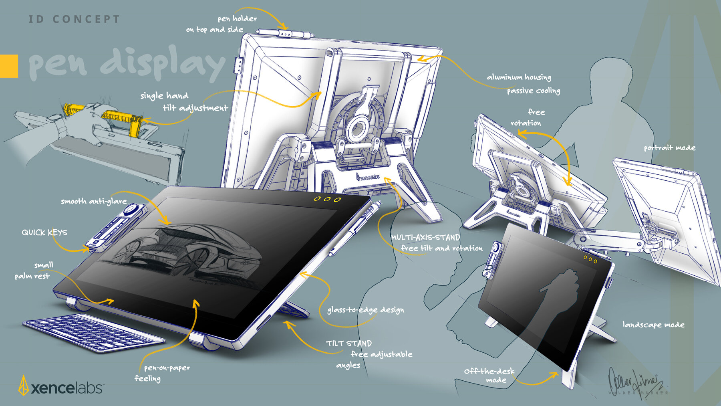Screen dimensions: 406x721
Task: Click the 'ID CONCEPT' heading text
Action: [x=74, y=19]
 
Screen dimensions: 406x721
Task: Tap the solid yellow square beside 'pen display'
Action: [x=9, y=66]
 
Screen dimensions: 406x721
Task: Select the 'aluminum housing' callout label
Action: [x=519, y=77]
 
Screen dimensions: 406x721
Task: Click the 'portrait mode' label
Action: [x=669, y=148]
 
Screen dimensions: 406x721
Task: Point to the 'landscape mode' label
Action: [x=653, y=325]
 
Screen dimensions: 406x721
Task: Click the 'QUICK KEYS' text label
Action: [x=44, y=232]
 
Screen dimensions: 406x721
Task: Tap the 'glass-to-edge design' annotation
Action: [x=365, y=310]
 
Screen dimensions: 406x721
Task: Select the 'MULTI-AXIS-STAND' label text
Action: [x=425, y=237]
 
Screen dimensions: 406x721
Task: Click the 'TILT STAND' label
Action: [x=348, y=343]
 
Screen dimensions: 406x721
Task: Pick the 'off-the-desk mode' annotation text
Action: [x=489, y=376]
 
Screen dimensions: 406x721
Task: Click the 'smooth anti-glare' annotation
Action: [x=94, y=201]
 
